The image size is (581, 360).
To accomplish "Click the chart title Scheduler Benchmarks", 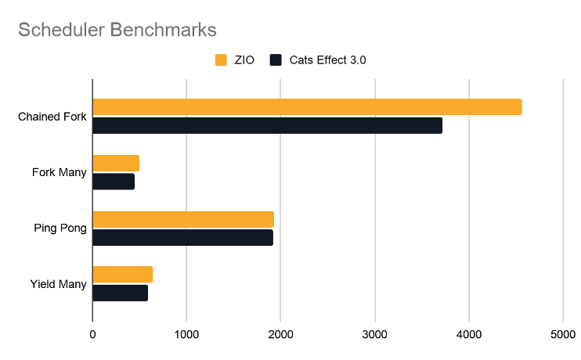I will click(117, 30).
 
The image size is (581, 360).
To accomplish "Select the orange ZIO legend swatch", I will click(220, 60).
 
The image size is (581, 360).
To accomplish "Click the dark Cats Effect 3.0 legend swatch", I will click(276, 60).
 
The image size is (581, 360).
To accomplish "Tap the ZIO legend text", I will click(244, 60).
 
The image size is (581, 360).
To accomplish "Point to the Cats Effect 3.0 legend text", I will click(327, 60).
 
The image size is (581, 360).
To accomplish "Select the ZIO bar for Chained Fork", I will click(307, 107).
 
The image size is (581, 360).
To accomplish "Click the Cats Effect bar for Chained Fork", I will click(267, 125).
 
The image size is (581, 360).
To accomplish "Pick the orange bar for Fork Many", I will click(116, 163).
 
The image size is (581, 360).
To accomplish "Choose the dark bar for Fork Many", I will click(114, 182).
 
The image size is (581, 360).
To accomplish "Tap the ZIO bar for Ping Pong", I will click(183, 219).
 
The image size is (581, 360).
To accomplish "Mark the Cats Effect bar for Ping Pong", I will click(182, 237).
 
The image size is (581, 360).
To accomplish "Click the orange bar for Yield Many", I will click(122, 275).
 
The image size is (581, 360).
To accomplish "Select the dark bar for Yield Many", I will click(120, 293).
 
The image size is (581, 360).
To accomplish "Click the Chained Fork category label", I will click(52, 117).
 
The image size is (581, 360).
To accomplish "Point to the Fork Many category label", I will click(60, 172).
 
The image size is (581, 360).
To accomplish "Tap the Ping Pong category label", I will click(60, 229).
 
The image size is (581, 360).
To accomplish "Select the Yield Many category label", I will click(58, 284).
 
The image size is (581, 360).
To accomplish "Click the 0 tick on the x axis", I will click(92, 334).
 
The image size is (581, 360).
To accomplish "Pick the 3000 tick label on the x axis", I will click(374, 334).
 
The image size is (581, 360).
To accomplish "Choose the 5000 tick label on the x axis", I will click(562, 334).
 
